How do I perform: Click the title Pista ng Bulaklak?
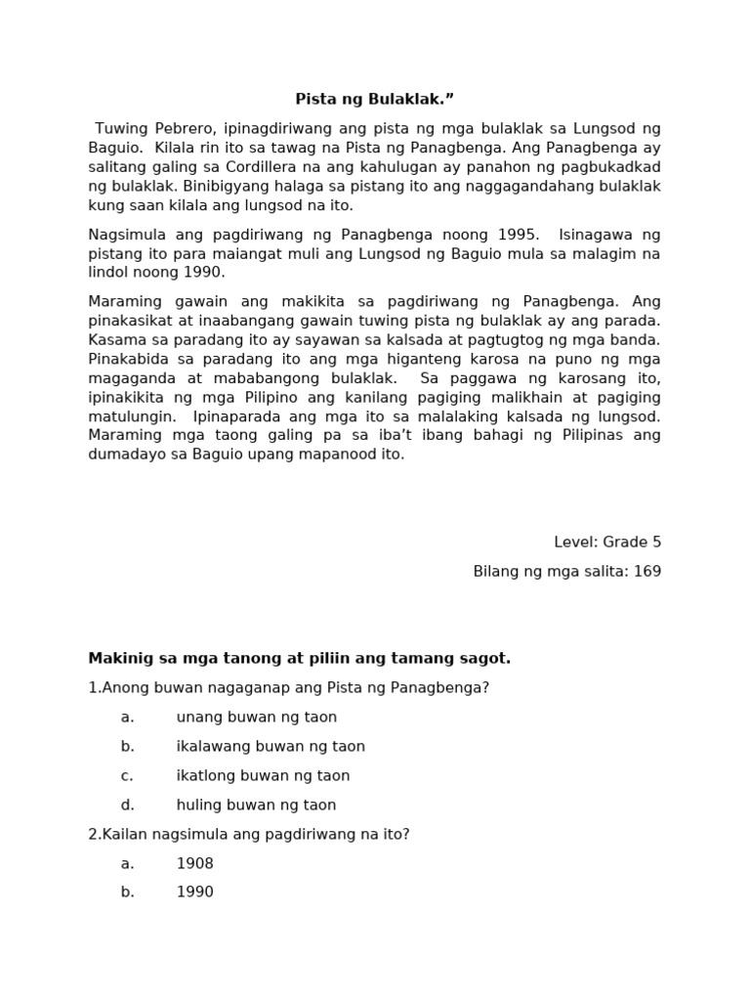point(375,100)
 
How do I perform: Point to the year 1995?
point(517,235)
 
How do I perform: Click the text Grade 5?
point(632,543)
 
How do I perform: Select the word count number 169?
point(646,572)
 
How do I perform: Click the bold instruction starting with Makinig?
point(299,659)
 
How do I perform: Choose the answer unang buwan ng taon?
point(256,718)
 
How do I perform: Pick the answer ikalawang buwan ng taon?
point(271,747)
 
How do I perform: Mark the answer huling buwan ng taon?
point(256,805)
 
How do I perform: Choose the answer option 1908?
point(194,864)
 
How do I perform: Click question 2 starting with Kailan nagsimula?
point(249,835)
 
